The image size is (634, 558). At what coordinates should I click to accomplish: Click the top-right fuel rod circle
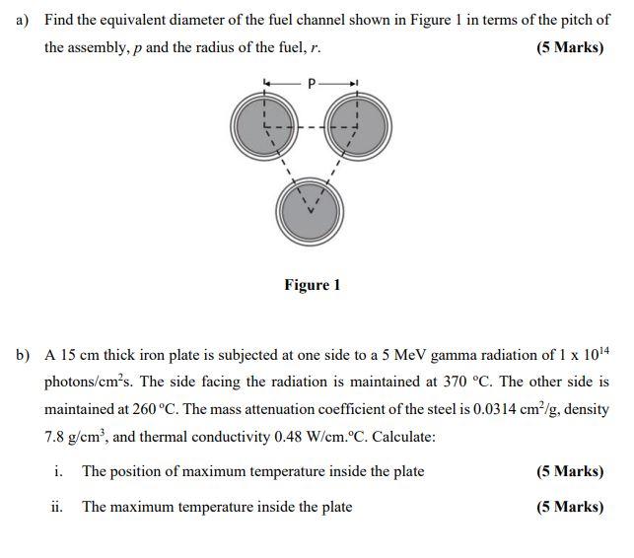(356, 124)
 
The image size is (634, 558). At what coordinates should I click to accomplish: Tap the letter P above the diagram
(312, 84)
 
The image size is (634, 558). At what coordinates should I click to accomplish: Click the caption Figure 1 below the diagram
(312, 285)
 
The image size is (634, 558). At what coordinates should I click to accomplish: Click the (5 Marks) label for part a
(570, 47)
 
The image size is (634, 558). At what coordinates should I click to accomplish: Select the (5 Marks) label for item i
(570, 471)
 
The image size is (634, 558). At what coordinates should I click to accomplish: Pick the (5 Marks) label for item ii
(570, 507)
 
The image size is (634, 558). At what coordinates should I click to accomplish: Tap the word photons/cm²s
(87, 382)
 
